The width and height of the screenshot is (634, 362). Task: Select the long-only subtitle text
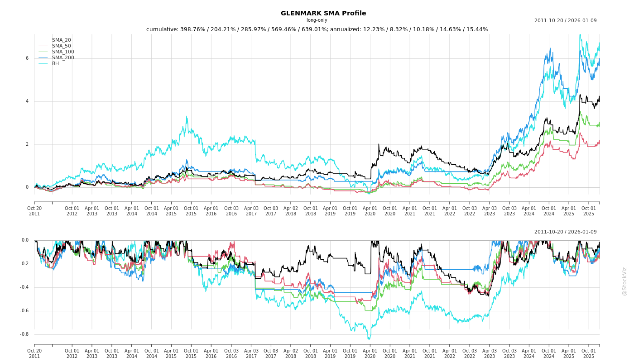[x=317, y=20]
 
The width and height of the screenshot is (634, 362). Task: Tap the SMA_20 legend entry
[x=61, y=40]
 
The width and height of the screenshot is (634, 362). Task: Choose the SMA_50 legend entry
[x=61, y=46]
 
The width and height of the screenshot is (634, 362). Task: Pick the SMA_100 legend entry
[x=62, y=52]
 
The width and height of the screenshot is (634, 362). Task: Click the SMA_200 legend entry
[x=62, y=57]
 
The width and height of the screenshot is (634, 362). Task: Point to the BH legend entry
[x=55, y=63]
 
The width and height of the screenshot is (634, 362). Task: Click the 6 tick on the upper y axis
[x=27, y=58]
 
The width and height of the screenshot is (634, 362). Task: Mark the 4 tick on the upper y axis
[x=27, y=101]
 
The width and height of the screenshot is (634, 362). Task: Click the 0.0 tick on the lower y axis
[x=24, y=240]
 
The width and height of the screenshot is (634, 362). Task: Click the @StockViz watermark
[x=624, y=281]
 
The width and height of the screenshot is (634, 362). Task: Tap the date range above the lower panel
[x=565, y=232]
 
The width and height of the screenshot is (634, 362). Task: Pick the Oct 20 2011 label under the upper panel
[x=34, y=211]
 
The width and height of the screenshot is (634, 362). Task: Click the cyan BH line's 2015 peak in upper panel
[x=187, y=116]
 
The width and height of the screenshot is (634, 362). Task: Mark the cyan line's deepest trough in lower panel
[x=369, y=339]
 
